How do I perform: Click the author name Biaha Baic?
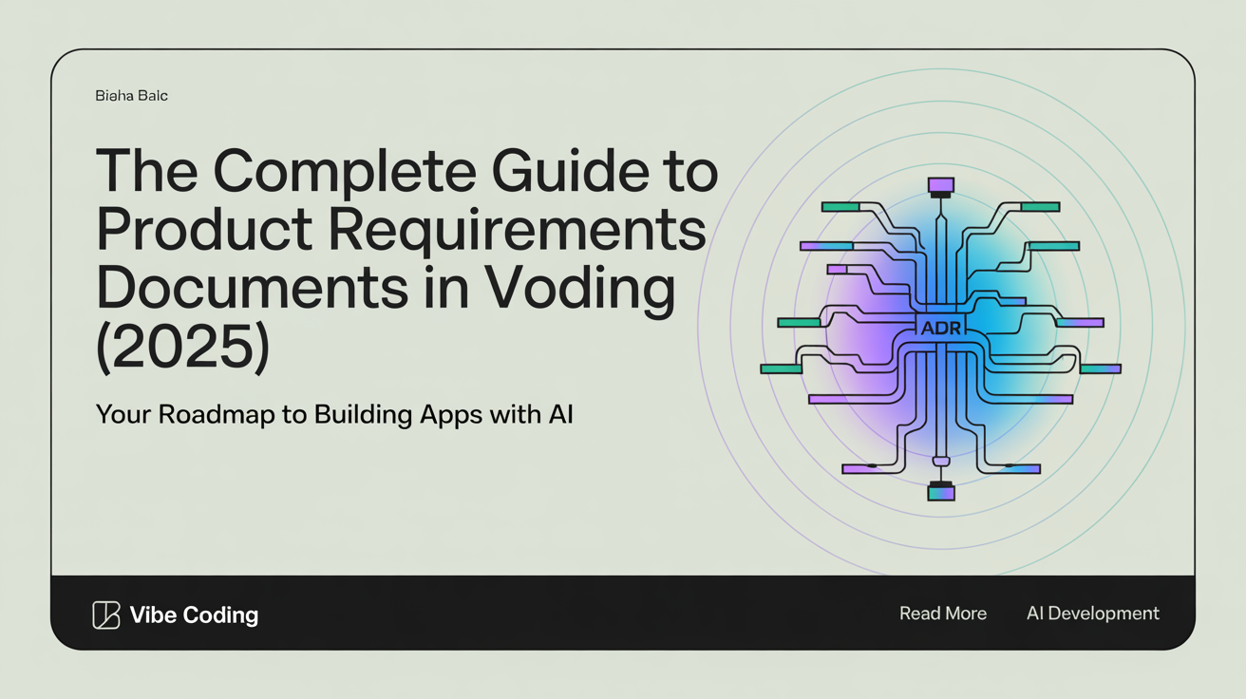pos(131,96)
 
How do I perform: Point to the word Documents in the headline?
pos(253,287)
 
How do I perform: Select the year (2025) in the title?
pos(183,347)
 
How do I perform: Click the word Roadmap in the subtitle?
pos(217,415)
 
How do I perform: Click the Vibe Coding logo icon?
pos(106,615)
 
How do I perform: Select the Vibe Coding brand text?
pos(194,615)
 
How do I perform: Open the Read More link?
pos(943,614)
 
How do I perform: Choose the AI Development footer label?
pos(1093,614)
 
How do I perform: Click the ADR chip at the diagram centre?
pos(940,328)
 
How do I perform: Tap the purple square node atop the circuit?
pos(941,185)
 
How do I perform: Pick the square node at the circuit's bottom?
pos(941,493)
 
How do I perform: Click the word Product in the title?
pos(204,229)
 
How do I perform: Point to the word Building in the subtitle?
pos(363,415)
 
